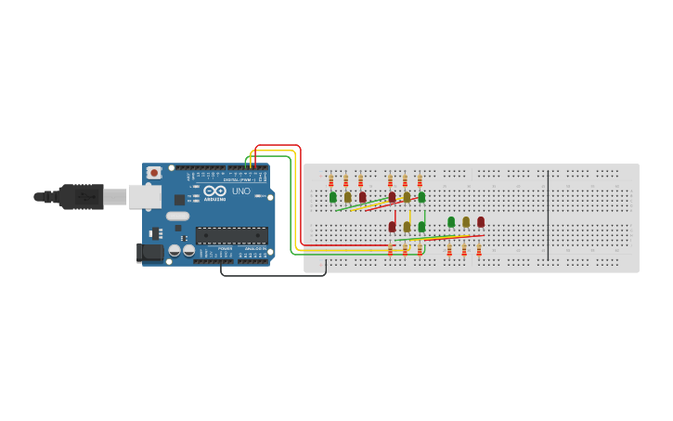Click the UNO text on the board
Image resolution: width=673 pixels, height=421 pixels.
coord(241,191)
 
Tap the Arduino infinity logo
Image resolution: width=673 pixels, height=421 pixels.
coord(215,191)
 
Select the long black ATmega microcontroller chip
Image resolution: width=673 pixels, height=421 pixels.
coord(231,235)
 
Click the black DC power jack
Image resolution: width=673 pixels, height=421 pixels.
coord(150,252)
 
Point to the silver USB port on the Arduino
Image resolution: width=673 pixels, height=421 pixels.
coord(144,196)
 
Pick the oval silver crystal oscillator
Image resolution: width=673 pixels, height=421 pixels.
coord(177,217)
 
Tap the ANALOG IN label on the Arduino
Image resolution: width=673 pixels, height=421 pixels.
coord(253,249)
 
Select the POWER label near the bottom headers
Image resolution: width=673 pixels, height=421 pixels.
coord(225,249)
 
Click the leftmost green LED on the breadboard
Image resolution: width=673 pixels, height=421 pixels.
coord(333,197)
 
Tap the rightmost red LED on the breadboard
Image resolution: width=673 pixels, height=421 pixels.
coord(481,222)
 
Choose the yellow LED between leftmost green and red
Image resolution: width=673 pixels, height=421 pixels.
coord(348,197)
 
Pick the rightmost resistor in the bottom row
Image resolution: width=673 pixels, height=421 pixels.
coord(479,250)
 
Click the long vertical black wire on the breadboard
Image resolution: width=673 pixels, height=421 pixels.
coord(548,216)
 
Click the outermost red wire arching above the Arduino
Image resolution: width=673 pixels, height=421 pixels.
coord(278,146)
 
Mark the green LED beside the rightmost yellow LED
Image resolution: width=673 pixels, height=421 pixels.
coord(451,222)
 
